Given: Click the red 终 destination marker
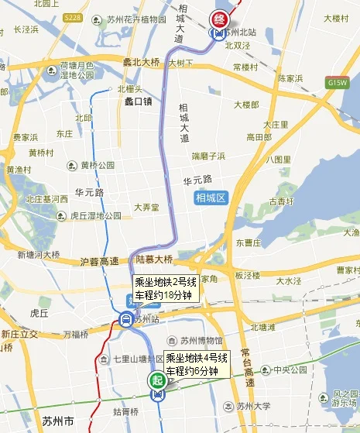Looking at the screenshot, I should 220,18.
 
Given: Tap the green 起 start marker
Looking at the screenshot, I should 158,380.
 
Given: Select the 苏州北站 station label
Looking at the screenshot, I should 240,33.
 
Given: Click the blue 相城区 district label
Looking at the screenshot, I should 209,198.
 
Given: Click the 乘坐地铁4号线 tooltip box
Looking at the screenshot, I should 197,364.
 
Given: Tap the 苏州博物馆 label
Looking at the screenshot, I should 202,340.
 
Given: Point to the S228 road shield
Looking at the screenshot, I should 72,17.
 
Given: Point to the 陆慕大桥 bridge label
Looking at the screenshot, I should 155,259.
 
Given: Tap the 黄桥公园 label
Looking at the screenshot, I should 98,165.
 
